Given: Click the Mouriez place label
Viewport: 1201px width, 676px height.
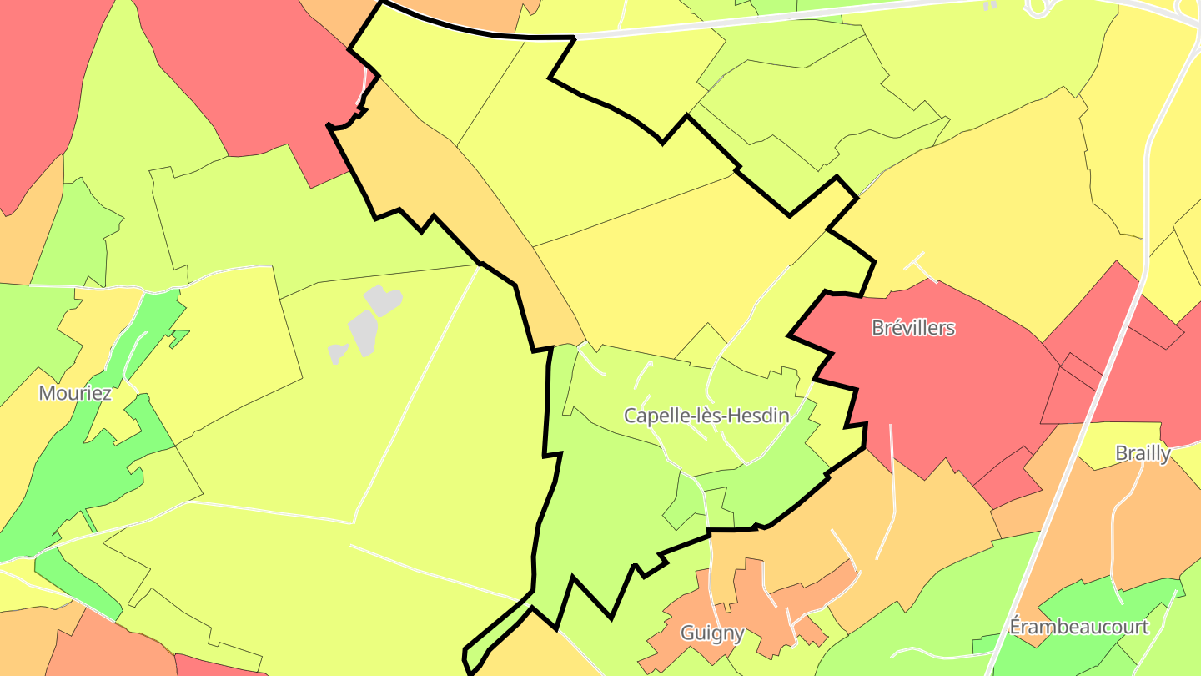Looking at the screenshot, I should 75,392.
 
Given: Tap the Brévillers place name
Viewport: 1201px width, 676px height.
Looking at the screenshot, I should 913,328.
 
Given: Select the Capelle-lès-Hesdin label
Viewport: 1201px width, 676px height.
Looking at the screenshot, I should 706,416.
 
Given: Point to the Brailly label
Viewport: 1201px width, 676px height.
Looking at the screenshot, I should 1143,453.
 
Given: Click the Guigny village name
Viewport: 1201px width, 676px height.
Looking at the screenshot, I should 712,633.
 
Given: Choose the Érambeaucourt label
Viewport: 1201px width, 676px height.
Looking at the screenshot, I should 1078,627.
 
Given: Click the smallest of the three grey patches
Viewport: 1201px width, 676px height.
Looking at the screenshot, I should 337,353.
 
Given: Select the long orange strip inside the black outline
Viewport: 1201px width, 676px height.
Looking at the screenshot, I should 500,225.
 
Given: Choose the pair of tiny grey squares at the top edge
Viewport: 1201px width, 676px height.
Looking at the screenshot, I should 990,6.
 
